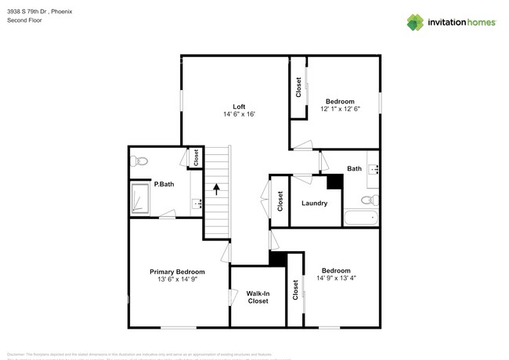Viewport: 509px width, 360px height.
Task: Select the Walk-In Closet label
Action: [x=258, y=297]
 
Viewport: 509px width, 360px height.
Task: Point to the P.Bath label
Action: [x=163, y=185]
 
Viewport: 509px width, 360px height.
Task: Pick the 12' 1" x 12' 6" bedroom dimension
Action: [x=340, y=110]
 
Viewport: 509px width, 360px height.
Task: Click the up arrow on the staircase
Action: [x=216, y=188]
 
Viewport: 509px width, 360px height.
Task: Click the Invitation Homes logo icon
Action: [x=415, y=22]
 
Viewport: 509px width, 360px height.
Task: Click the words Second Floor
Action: [x=25, y=20]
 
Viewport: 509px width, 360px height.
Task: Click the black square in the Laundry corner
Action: [x=335, y=182]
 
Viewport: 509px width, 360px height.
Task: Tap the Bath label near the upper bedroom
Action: [x=355, y=168]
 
